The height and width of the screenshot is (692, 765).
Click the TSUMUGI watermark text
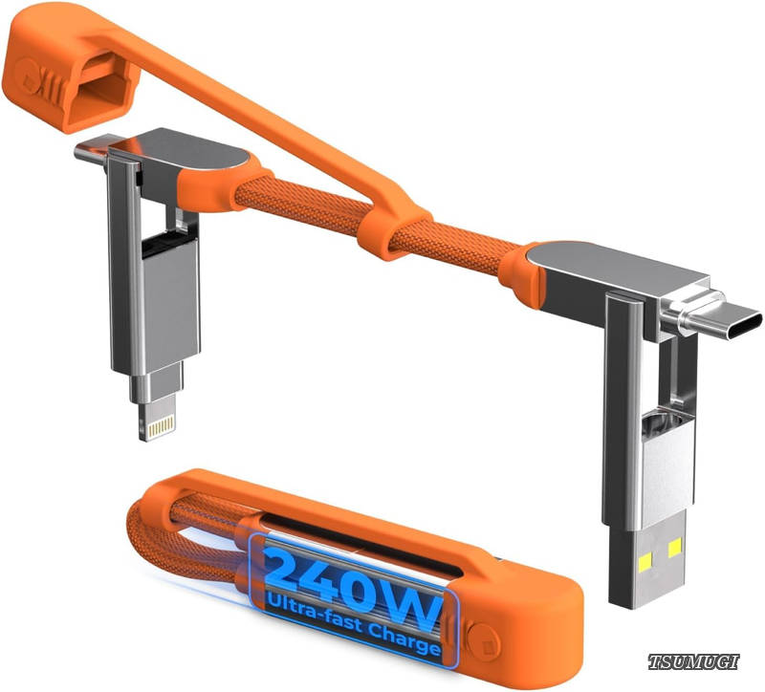693,661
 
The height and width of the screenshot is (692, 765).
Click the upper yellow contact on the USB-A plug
675,549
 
